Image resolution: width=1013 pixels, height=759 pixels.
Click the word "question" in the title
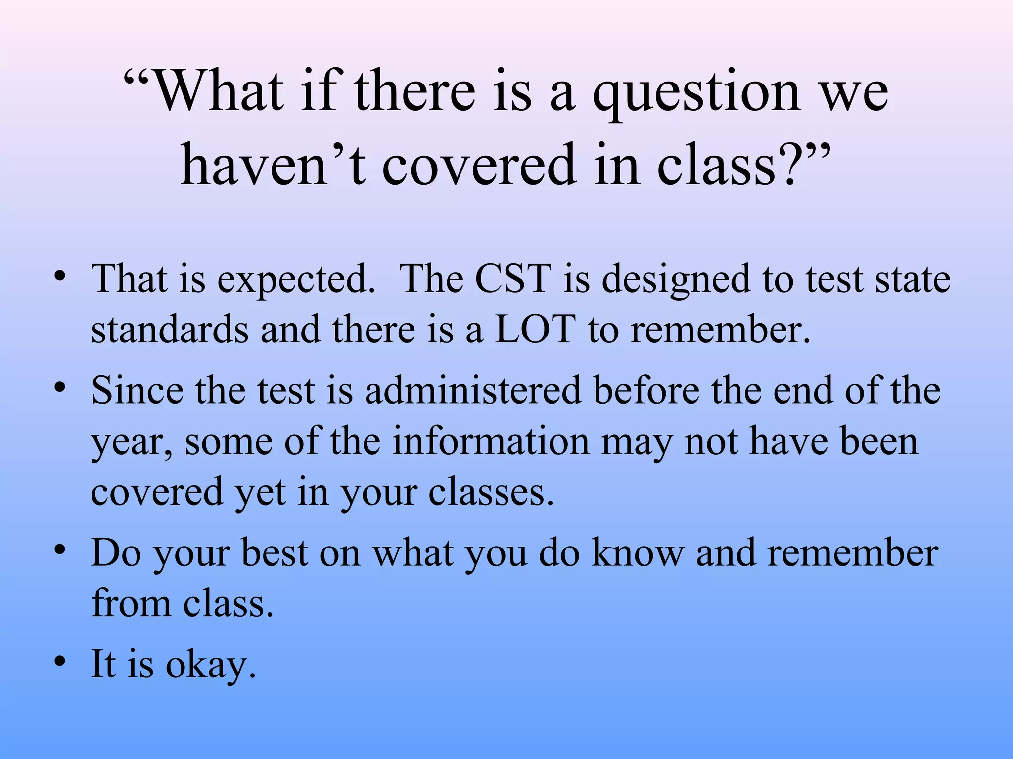click(696, 94)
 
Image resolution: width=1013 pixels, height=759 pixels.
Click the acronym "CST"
click(513, 279)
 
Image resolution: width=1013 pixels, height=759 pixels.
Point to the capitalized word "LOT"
click(535, 330)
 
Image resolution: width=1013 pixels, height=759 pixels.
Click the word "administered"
click(473, 390)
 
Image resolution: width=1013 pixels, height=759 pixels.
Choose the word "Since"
click(137, 390)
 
